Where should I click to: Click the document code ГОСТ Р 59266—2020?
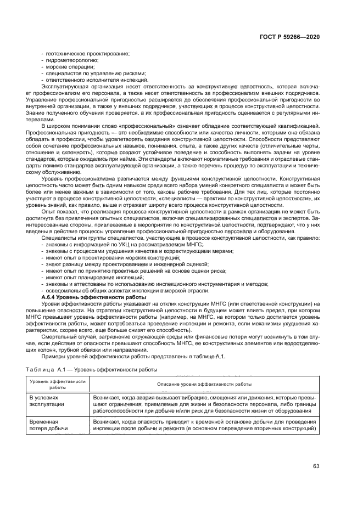click(x=289, y=37)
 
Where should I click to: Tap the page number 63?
click(x=316, y=466)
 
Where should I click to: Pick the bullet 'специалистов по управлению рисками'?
click(x=95, y=73)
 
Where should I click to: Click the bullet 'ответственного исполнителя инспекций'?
click(x=97, y=80)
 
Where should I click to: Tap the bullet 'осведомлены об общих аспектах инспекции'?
click(x=127, y=291)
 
